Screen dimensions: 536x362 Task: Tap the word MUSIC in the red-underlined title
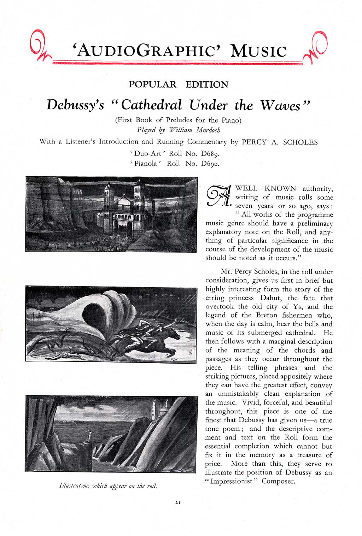tap(258, 51)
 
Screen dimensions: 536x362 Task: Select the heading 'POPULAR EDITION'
tap(179, 84)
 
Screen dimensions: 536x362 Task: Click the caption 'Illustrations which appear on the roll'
tap(108, 486)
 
